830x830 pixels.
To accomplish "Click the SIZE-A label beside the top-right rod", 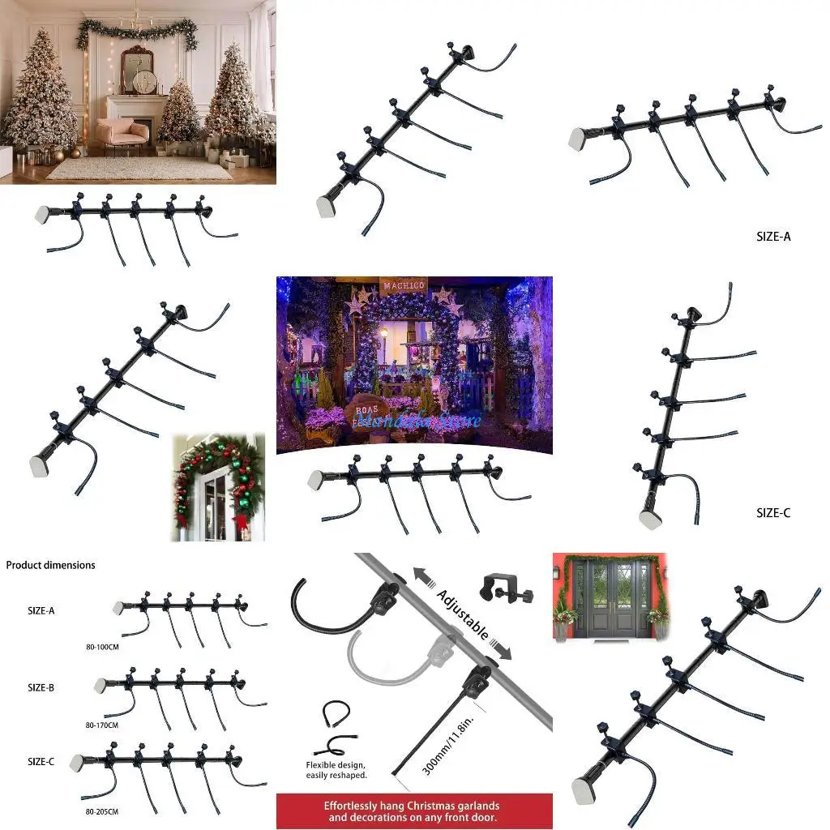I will click(x=772, y=237).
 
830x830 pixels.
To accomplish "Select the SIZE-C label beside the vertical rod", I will click(x=772, y=512).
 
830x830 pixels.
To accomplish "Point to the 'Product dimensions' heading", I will click(x=50, y=565).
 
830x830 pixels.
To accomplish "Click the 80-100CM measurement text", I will click(x=101, y=648).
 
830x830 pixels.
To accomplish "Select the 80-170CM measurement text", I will click(x=101, y=725).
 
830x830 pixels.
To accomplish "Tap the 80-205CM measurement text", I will click(x=101, y=811).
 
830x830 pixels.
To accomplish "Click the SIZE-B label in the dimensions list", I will click(x=41, y=687).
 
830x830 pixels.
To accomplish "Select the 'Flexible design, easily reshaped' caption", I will click(x=336, y=770).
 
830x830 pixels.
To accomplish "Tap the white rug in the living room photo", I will click(x=138, y=167).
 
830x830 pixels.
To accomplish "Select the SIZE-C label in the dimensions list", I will click(x=41, y=762).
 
